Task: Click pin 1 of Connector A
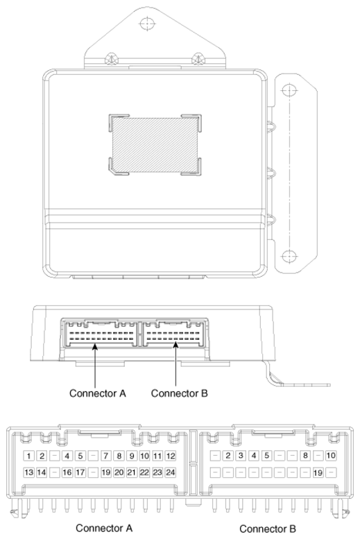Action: [x=28, y=456]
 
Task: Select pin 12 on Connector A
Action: [x=171, y=456]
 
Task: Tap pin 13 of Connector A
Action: [x=28, y=472]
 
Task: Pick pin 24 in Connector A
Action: [x=171, y=472]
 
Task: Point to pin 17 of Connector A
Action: [x=80, y=472]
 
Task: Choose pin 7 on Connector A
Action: [x=106, y=456]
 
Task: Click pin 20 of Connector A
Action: [x=119, y=472]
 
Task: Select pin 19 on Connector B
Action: [x=318, y=472]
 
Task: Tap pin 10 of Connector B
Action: [x=331, y=456]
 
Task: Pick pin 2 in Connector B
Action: [x=228, y=456]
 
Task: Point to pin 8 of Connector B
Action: [x=305, y=456]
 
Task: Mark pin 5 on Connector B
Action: [x=266, y=456]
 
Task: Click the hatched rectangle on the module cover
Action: [x=155, y=145]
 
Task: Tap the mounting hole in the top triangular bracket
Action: [x=147, y=24]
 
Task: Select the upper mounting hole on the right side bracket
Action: [x=289, y=90]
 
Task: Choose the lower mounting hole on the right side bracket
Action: [x=289, y=257]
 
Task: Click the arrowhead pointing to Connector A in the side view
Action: [x=94, y=346]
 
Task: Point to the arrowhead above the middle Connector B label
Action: [x=175, y=345]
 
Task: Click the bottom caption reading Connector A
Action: [x=104, y=528]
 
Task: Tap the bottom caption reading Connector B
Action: [x=268, y=529]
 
